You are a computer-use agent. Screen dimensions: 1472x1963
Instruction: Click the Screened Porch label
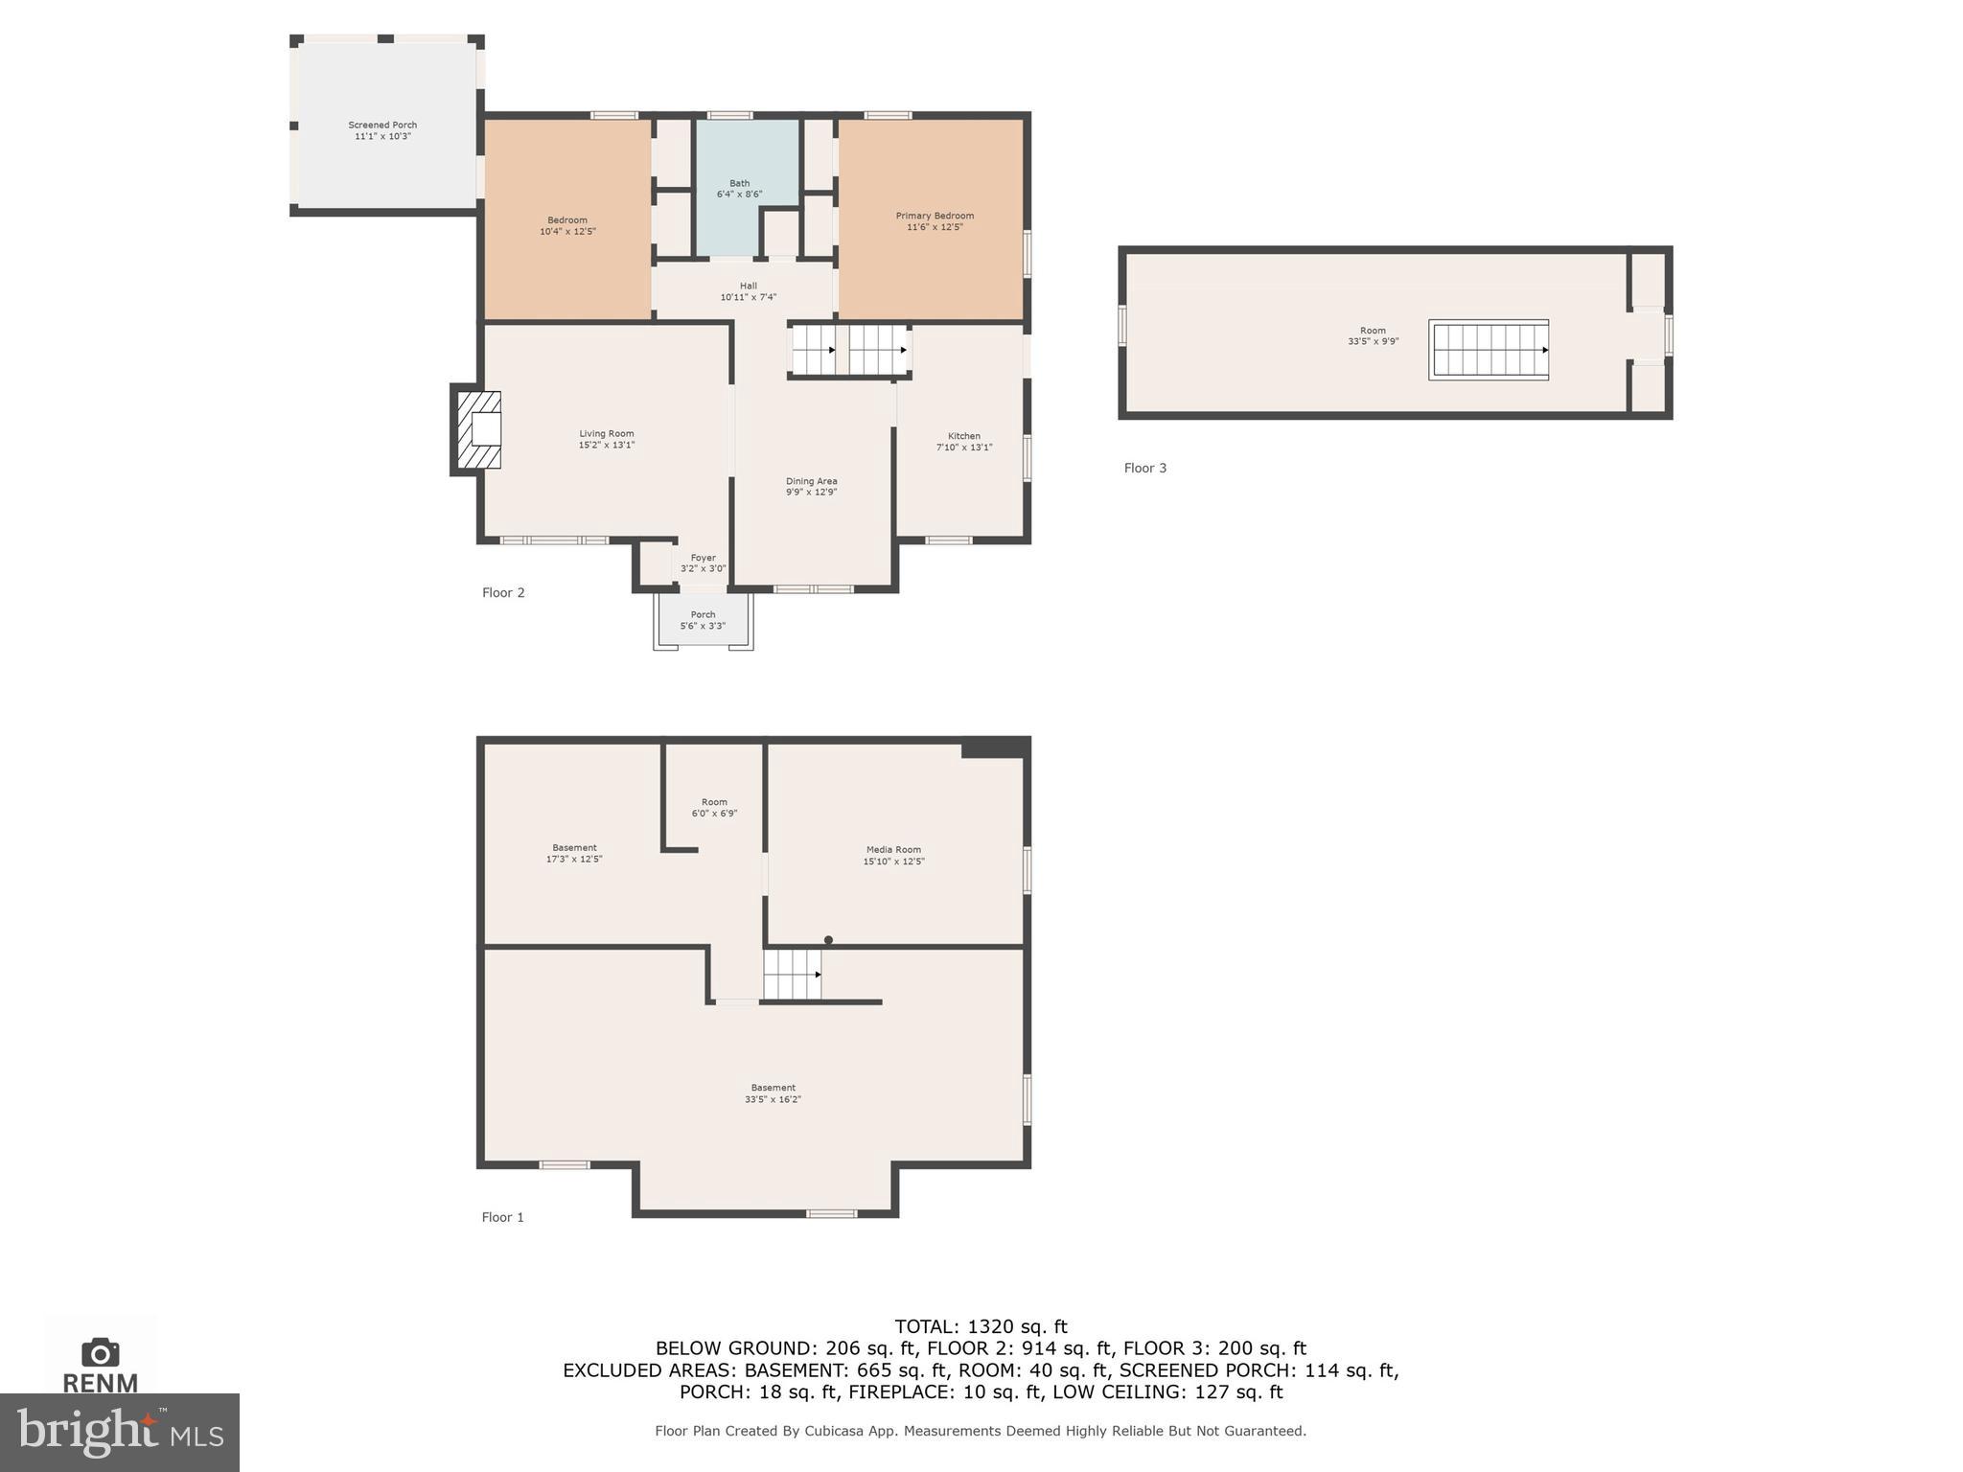(381, 126)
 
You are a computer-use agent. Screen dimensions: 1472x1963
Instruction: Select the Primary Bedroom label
(935, 217)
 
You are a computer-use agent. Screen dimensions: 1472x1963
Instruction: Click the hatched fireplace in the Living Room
(479, 429)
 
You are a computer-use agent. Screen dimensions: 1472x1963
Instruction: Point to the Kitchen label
(963, 436)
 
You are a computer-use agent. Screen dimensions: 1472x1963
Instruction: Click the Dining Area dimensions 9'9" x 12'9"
(811, 493)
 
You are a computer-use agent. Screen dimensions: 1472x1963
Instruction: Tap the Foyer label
(703, 558)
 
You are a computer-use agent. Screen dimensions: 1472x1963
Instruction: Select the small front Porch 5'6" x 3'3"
(703, 620)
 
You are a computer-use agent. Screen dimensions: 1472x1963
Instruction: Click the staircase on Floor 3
(1488, 350)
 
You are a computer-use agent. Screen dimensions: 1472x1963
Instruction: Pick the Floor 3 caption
(1144, 468)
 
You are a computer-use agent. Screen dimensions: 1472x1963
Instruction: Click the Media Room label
(893, 850)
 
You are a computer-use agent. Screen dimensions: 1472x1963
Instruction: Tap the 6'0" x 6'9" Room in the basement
(714, 808)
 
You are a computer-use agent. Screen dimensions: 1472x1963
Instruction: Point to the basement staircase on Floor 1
(792, 974)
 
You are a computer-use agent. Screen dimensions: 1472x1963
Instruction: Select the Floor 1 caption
(502, 1217)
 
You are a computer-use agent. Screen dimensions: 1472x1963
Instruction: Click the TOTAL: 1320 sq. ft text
(981, 1326)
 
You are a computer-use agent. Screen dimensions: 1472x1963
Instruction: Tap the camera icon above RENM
(100, 1352)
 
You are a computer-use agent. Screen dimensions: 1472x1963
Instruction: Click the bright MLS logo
(119, 1432)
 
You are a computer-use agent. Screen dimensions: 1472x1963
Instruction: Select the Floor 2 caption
(503, 592)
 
